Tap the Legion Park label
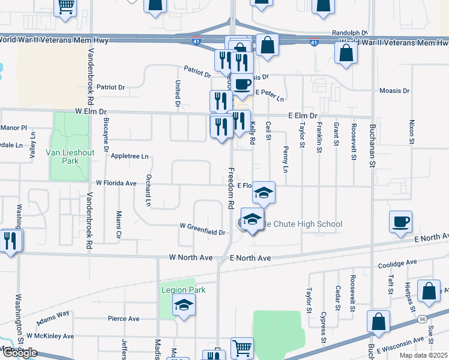pyautogui.click(x=184, y=290)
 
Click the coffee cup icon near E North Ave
pyautogui.click(x=400, y=223)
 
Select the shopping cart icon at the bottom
pyautogui.click(x=242, y=347)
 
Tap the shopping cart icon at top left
pyautogui.click(x=65, y=7)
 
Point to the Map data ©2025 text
pyautogui.click(x=423, y=355)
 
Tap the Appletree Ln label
pyautogui.click(x=130, y=156)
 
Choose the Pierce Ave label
pyautogui.click(x=124, y=319)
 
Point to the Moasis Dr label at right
pyautogui.click(x=394, y=91)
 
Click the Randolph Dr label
pyautogui.click(x=349, y=33)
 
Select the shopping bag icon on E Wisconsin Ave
pyautogui.click(x=378, y=322)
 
